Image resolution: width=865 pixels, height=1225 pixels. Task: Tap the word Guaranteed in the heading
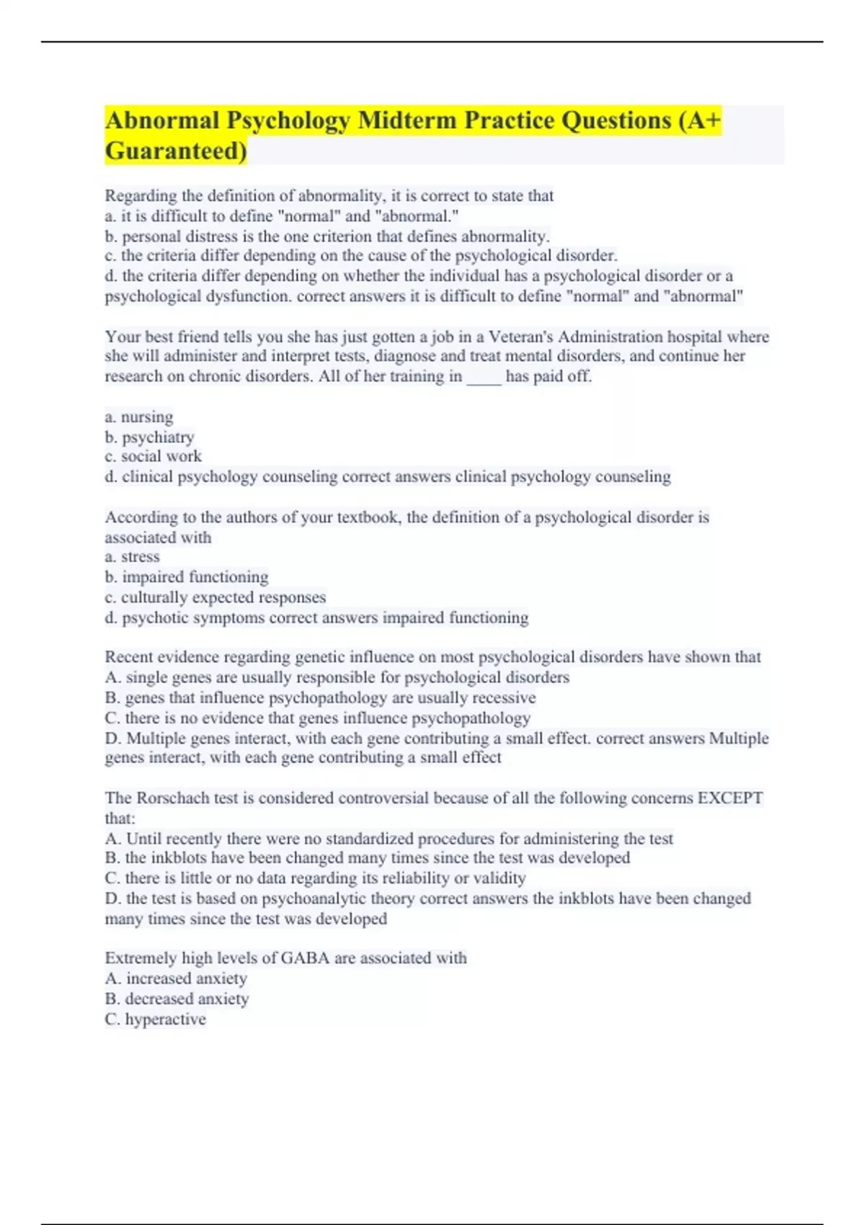(x=175, y=151)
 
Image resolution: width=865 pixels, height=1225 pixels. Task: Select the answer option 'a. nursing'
(x=139, y=416)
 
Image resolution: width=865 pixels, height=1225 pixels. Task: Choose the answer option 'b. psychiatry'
(x=150, y=437)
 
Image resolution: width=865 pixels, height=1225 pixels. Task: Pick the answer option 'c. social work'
(x=154, y=456)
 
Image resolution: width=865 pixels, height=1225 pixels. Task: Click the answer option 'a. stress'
(x=133, y=556)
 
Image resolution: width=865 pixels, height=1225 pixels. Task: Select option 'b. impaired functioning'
(x=187, y=576)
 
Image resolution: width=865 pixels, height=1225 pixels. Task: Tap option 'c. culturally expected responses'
(x=216, y=597)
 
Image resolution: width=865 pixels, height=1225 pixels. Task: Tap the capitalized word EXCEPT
(x=729, y=798)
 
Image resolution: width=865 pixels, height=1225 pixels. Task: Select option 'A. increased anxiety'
(x=177, y=978)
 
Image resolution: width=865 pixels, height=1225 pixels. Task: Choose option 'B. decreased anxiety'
(x=177, y=998)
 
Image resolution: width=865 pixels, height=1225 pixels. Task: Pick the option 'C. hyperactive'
(x=156, y=1018)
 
